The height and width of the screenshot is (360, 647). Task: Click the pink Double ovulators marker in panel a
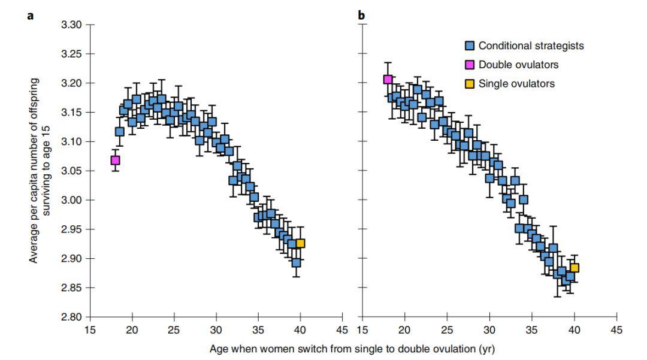pos(115,160)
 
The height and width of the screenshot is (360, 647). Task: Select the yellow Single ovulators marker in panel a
pos(300,243)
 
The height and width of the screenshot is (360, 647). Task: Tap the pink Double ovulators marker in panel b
pos(388,79)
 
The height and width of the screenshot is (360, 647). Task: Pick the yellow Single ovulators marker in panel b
pos(574,268)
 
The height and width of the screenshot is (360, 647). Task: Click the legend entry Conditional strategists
pos(524,46)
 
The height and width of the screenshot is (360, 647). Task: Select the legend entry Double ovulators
pos(512,65)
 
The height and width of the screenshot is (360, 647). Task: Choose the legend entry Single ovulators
pos(510,84)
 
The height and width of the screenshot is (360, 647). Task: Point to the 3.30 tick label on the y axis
pos(71,25)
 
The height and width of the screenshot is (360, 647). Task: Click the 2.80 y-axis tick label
pos(71,317)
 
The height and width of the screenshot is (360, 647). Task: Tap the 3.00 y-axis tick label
pos(71,200)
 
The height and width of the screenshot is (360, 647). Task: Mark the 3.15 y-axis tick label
pos(71,113)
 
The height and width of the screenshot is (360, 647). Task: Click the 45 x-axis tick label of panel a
pos(342,330)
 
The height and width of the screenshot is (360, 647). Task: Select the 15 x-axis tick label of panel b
pos(362,330)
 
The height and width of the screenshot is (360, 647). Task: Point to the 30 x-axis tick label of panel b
pos(489,330)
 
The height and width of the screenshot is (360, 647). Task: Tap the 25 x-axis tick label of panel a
pos(174,330)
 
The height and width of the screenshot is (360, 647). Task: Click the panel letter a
pos(31,16)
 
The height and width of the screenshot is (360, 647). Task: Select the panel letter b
pos(361,15)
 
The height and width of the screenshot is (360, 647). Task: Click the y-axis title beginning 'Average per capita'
pos(39,170)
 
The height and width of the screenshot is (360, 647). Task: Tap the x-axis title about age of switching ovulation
pos(352,349)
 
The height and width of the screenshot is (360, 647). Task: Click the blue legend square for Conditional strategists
pos(470,46)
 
